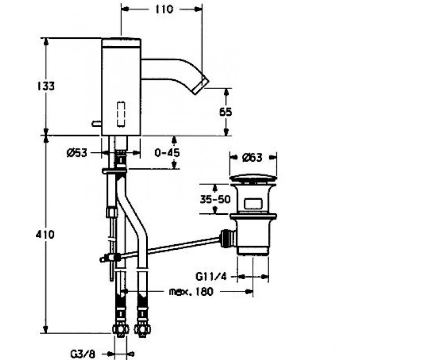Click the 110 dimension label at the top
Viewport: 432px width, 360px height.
(x=164, y=9)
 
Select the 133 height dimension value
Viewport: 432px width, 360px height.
(x=46, y=86)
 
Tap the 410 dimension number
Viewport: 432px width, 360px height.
(x=45, y=234)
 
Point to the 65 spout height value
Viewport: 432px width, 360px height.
(x=225, y=112)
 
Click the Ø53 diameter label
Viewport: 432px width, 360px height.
(x=77, y=153)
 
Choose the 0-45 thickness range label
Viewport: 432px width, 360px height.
(x=167, y=152)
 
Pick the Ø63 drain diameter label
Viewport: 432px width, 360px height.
(x=252, y=157)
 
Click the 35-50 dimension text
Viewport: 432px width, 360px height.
(x=215, y=199)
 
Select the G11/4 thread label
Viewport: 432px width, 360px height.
(x=212, y=276)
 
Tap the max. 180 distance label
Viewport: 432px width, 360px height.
(x=191, y=291)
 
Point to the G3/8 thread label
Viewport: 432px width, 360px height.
(x=83, y=354)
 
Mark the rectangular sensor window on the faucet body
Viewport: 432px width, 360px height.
(x=121, y=114)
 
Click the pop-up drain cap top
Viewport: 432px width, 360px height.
(x=253, y=178)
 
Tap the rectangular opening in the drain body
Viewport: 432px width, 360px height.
(x=253, y=204)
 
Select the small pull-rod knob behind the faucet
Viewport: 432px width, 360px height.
(x=97, y=124)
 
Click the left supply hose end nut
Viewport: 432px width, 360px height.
(x=120, y=328)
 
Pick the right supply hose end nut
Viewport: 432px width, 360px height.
(x=142, y=328)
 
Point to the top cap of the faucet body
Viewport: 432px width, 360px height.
(x=121, y=43)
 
